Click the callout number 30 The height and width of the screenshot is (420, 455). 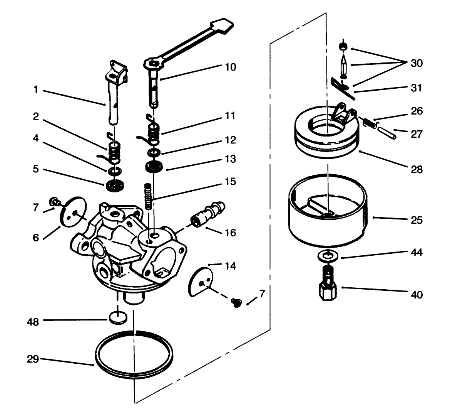click(x=416, y=63)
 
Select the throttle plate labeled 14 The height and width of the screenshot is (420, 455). click(x=202, y=282)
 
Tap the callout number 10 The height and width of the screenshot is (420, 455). click(x=230, y=67)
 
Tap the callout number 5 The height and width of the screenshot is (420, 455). click(x=35, y=169)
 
